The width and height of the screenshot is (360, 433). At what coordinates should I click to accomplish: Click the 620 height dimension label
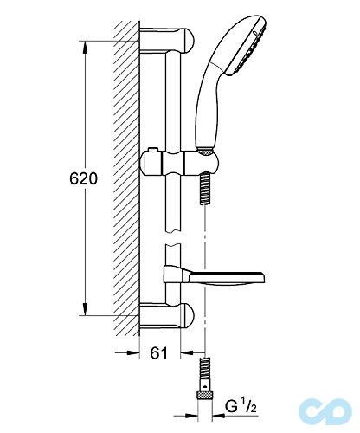[83, 178]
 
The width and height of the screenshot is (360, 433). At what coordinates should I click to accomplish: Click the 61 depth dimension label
[158, 352]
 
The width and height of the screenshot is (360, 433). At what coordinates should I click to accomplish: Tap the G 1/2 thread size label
[241, 407]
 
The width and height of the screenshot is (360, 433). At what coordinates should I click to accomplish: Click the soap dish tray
[226, 278]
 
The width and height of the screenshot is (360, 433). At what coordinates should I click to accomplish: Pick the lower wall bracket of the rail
[167, 315]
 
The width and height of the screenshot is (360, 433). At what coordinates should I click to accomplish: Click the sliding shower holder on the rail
[179, 163]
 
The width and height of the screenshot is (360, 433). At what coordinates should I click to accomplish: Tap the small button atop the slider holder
[152, 150]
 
